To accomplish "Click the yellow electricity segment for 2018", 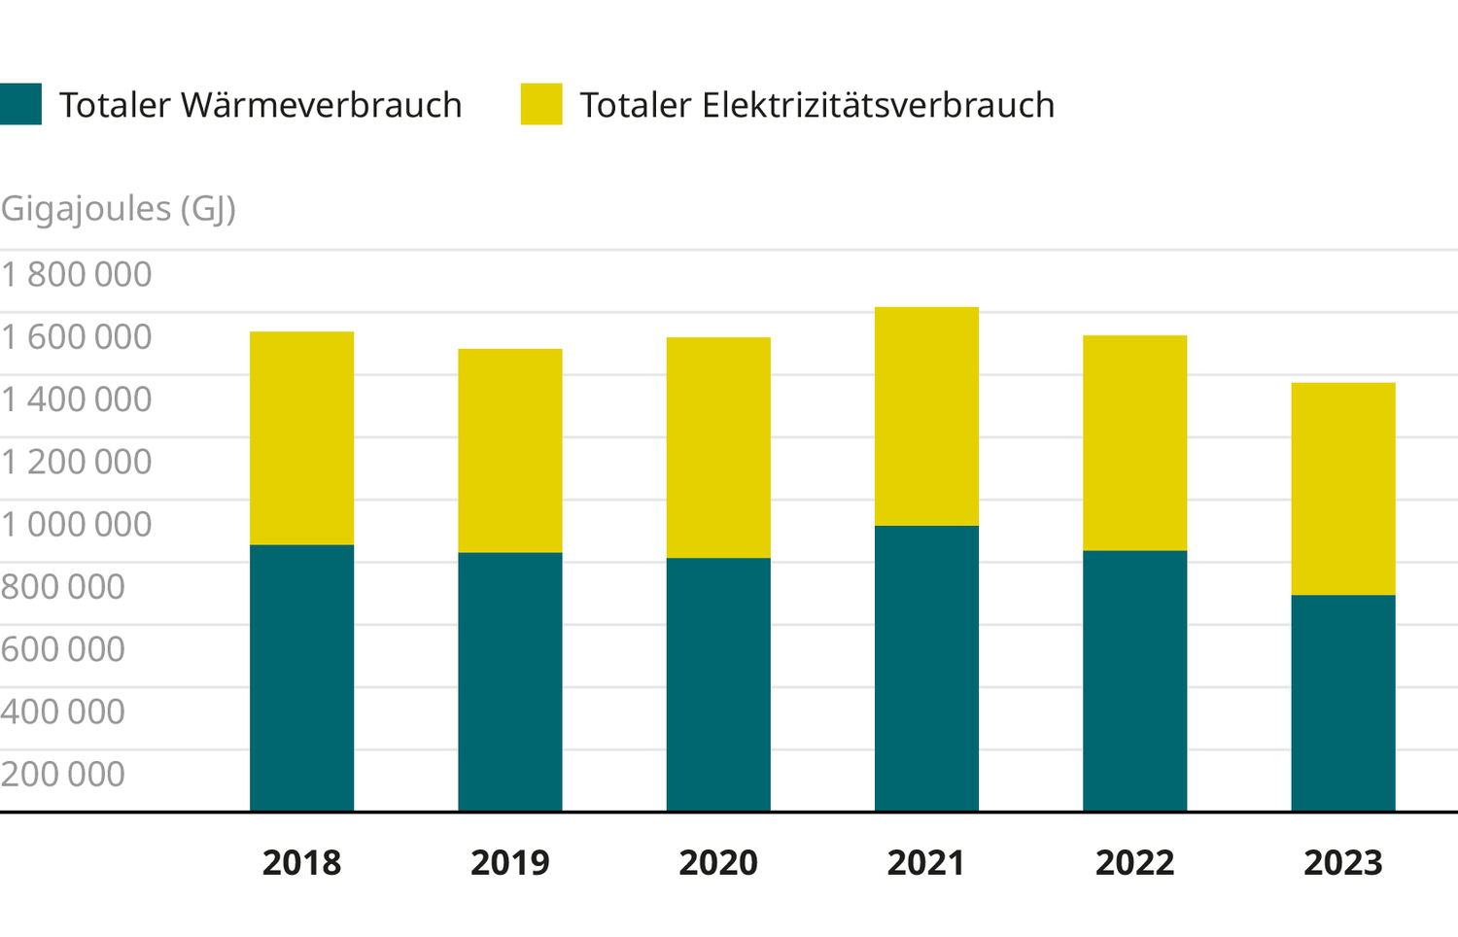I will coord(301,438).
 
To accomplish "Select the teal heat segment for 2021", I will coord(926,669).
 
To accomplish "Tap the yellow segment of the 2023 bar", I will coord(1342,489).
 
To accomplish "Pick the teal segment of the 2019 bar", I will coord(510,681).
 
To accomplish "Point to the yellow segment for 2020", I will coord(718,447).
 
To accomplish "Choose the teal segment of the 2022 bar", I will coord(1134,680).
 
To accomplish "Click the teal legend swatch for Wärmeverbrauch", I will coord(20,105).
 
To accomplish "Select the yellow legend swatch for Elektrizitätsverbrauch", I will coord(541,105).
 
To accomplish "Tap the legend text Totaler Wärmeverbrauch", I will coord(260,105).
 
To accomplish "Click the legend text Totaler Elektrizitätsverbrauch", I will coord(816,105).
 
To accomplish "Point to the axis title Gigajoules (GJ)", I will coord(119,208).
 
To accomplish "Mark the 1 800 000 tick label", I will coord(77,275).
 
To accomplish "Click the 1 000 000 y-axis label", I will coord(77,525).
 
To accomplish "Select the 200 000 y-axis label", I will coord(63,775).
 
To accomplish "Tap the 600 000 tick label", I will coord(63,649).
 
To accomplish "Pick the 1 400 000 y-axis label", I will coord(77,399).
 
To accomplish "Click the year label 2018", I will coord(301,863).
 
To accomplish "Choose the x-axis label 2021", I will coord(926,863).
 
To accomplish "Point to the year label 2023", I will coord(1342,863).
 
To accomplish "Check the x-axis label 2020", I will coord(718,863).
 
